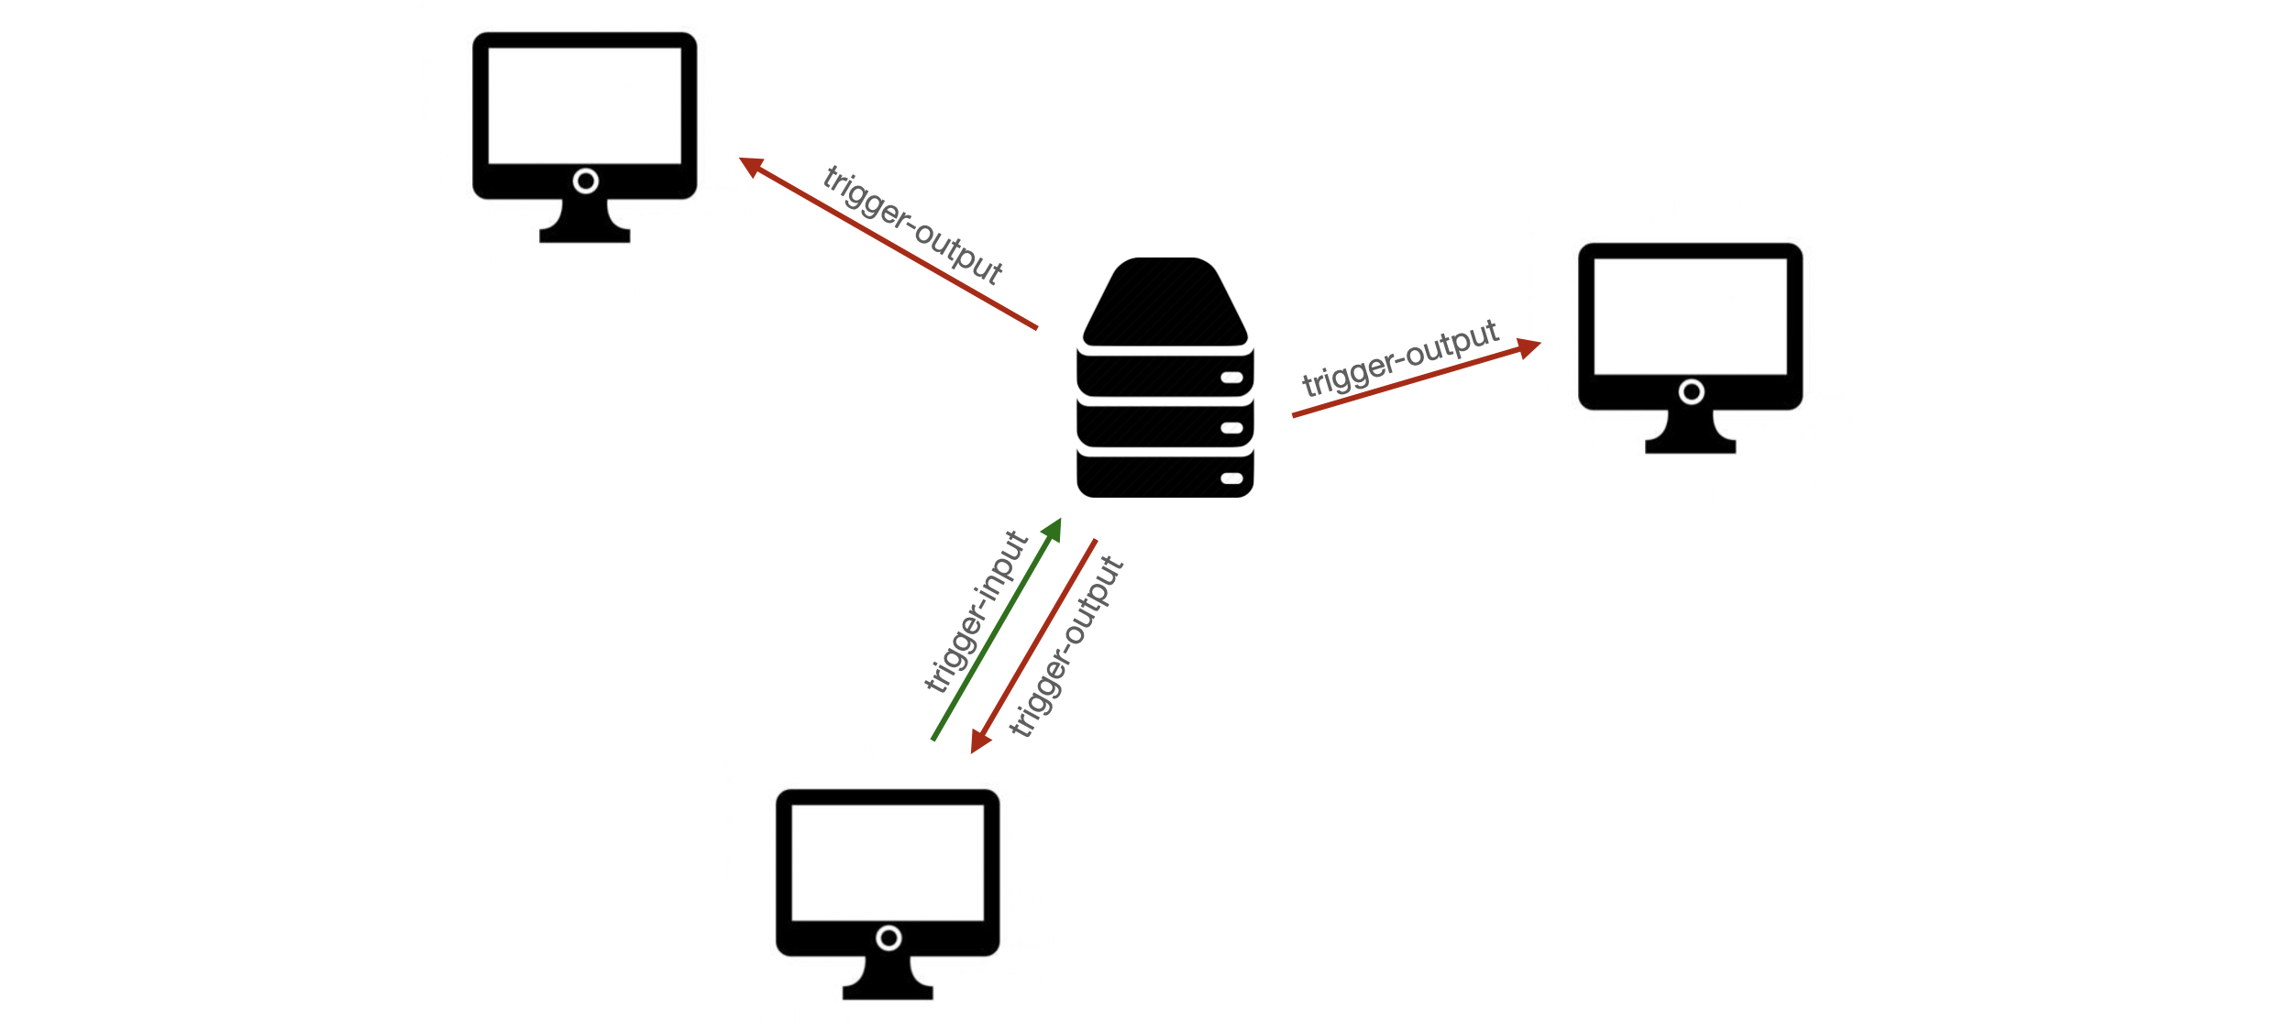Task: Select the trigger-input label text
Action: pyautogui.click(x=975, y=611)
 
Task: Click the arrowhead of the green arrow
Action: pyautogui.click(x=1054, y=529)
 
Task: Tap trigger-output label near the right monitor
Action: pyautogui.click(x=1399, y=357)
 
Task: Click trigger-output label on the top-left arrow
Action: pyautogui.click(x=912, y=225)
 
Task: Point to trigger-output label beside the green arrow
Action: pyautogui.click(x=1066, y=646)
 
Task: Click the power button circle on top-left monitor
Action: pyautogui.click(x=585, y=181)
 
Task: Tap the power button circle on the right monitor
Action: pyautogui.click(x=1691, y=392)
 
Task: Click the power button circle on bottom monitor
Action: pyautogui.click(x=889, y=939)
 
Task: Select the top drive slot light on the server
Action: pyautogui.click(x=1231, y=378)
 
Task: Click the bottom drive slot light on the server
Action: pyautogui.click(x=1231, y=478)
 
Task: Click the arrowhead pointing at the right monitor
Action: pyautogui.click(x=1529, y=347)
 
